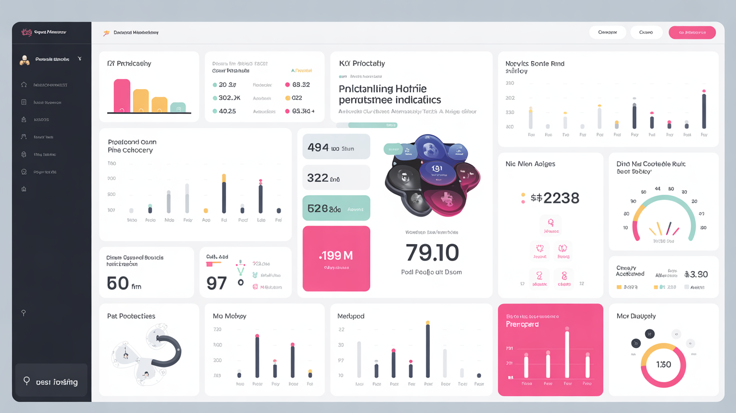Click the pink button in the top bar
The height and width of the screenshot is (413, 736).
tap(692, 33)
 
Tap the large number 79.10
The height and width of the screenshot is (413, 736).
tap(432, 253)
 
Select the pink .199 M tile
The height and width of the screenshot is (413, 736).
tap(336, 258)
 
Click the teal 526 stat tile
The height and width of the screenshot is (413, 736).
tap(336, 208)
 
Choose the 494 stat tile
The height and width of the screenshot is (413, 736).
tap(336, 148)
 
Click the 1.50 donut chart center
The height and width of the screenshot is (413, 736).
tap(663, 365)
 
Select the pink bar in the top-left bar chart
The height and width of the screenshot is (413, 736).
tap(122, 95)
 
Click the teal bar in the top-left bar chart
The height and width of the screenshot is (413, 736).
tap(178, 107)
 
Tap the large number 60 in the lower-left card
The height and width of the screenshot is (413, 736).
tap(118, 283)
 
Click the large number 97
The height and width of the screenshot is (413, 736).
tap(217, 283)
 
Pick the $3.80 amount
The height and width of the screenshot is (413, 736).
tap(696, 274)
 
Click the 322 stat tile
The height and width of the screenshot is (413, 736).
tap(336, 178)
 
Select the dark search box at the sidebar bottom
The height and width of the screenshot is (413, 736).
tap(51, 382)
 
